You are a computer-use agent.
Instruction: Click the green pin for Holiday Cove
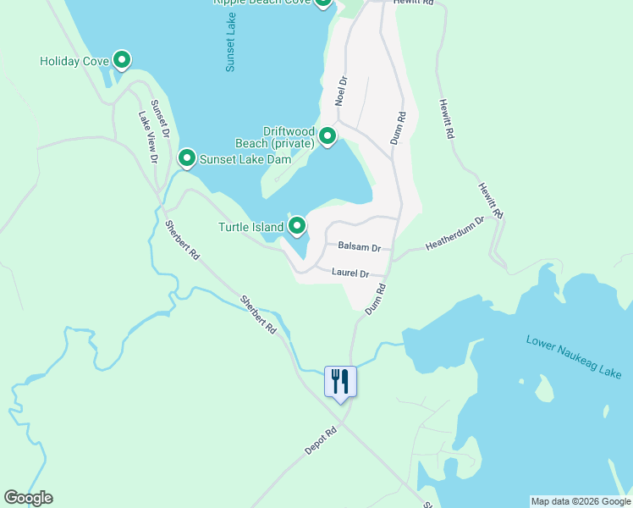(122, 60)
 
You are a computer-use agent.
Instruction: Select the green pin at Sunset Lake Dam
(186, 158)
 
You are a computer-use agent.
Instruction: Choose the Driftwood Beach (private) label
(288, 137)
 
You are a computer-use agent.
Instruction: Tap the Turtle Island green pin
(297, 226)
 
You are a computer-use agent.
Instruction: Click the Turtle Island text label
(250, 227)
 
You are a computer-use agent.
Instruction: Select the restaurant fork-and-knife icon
(341, 382)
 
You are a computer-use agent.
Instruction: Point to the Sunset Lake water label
(231, 47)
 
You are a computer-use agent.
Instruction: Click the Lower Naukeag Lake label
(574, 356)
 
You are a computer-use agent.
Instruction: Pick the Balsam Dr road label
(359, 247)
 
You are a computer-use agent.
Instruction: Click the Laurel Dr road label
(350, 273)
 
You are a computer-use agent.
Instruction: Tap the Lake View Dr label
(148, 140)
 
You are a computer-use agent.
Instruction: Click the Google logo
(28, 498)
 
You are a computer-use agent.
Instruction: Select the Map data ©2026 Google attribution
(581, 501)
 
